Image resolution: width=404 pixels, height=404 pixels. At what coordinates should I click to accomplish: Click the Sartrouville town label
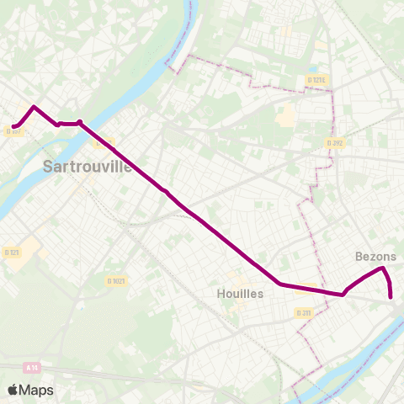pos(88,166)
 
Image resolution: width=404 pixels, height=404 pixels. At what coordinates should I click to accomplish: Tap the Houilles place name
pos(240,294)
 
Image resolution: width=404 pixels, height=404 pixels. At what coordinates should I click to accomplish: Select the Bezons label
pos(376,256)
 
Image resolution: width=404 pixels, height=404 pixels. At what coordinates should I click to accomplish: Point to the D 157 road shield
pos(13,130)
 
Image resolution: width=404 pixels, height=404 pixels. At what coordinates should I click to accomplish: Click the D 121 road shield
pos(12,252)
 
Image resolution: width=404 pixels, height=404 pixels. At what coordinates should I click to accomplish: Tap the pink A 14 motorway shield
pos(33,367)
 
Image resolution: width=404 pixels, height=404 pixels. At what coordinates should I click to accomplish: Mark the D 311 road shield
pos(304,313)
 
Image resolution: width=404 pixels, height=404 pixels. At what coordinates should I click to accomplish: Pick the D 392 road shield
pos(335,143)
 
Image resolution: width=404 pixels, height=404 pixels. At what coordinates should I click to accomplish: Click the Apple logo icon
pos(13,390)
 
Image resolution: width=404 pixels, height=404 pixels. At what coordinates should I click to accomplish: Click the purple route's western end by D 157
pos(14,126)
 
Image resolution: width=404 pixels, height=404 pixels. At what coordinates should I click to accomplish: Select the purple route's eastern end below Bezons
pos(391,296)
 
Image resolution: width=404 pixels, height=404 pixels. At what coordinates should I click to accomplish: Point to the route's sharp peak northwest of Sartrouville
pos(33,107)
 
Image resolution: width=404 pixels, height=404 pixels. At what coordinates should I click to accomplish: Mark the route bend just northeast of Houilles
pos(279,284)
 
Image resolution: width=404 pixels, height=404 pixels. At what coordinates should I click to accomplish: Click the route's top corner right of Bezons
pos(383,268)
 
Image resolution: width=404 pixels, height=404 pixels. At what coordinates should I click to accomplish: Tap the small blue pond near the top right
pos(312,70)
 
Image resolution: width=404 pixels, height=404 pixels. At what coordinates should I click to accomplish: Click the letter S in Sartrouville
pos(49,167)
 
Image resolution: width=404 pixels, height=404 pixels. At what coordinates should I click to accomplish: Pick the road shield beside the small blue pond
pos(316,80)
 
